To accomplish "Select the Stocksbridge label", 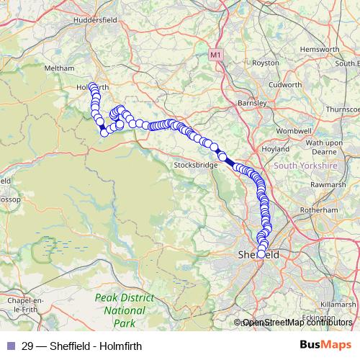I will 195,165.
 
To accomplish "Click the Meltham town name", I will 60,68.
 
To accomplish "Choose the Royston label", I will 265,62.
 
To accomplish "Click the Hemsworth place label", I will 318,49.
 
